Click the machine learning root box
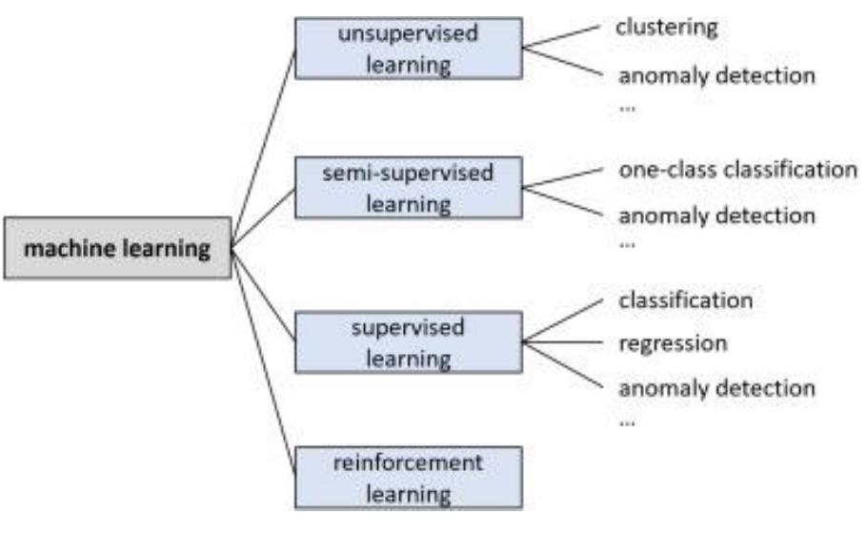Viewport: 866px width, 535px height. pyautogui.click(x=117, y=249)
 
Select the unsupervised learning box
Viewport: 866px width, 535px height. pyautogui.click(x=408, y=49)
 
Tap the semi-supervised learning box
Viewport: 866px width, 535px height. pyautogui.click(x=408, y=188)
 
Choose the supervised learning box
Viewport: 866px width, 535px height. pyautogui.click(x=408, y=342)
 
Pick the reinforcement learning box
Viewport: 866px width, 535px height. pyautogui.click(x=408, y=477)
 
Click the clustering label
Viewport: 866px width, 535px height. pyautogui.click(x=666, y=28)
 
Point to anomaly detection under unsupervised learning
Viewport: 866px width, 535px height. pyautogui.click(x=716, y=75)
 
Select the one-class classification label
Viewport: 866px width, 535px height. pyautogui.click(x=737, y=170)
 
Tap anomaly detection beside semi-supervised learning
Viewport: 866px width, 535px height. pyautogui.click(x=716, y=216)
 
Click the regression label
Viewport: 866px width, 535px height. pyautogui.click(x=672, y=342)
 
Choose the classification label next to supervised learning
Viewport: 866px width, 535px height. pyautogui.click(x=685, y=300)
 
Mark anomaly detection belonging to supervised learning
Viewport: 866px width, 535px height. pyautogui.click(x=716, y=388)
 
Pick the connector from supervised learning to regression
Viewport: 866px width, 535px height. pyautogui.click(x=564, y=342)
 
